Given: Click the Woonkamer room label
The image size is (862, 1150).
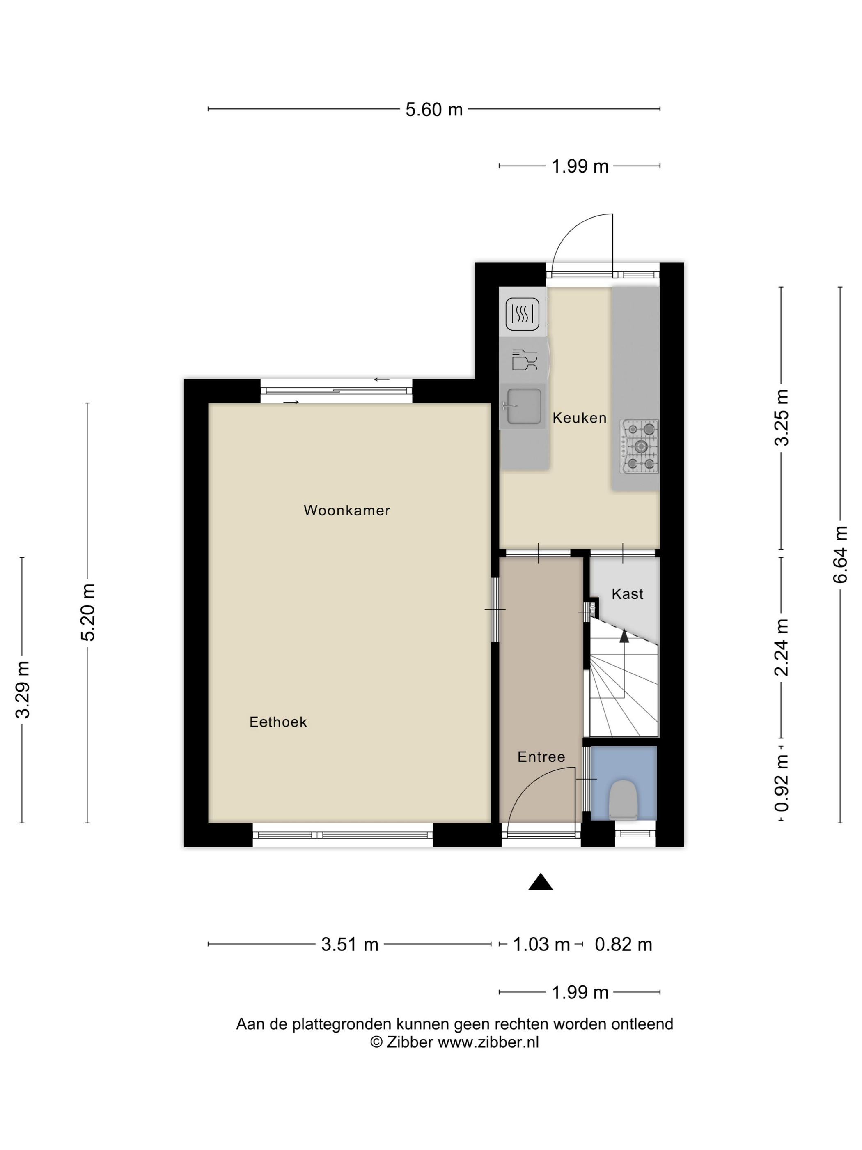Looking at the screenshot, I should coord(346,510).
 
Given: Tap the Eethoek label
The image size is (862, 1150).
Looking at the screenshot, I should coord(278,722).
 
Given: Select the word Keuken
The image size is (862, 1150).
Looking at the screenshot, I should coord(579,417).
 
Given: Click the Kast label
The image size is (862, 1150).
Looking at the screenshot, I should coord(627,594).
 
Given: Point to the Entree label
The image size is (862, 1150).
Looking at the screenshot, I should coord(541,757).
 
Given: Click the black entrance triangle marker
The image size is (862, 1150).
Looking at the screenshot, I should coord(540,882).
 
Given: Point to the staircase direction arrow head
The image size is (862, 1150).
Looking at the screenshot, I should coord(624,636).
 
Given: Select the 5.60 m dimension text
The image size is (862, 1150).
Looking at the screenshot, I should coord(434,110).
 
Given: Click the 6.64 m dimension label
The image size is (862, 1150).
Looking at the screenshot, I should coord(840,554).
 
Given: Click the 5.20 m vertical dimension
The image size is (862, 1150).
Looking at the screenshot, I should coord(88,612).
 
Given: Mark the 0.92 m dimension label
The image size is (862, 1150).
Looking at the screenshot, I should coord(781,783).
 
